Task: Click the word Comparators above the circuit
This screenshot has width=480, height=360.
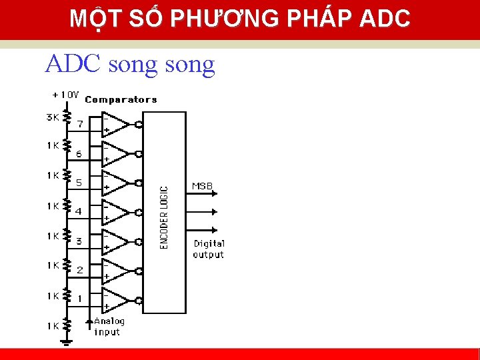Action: (121, 100)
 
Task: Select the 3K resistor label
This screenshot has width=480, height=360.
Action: (53, 117)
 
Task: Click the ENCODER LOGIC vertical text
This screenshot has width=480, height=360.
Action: (165, 217)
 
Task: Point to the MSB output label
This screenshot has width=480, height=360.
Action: (203, 186)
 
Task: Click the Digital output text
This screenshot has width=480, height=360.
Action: (209, 249)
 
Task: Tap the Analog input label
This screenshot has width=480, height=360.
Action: (109, 326)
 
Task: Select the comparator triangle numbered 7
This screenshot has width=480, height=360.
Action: (115, 123)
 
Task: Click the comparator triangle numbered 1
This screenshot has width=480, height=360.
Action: (115, 300)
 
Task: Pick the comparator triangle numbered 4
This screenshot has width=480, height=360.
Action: (115, 212)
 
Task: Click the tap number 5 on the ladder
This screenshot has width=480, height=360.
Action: (79, 182)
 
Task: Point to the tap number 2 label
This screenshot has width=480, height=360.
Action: (80, 270)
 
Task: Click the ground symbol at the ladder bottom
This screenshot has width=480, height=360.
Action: (66, 341)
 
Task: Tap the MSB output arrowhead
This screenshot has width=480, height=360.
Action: (215, 193)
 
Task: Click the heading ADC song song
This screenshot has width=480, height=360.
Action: (130, 64)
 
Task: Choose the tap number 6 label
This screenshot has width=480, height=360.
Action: (79, 153)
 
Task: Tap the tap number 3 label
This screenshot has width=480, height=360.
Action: (79, 241)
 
